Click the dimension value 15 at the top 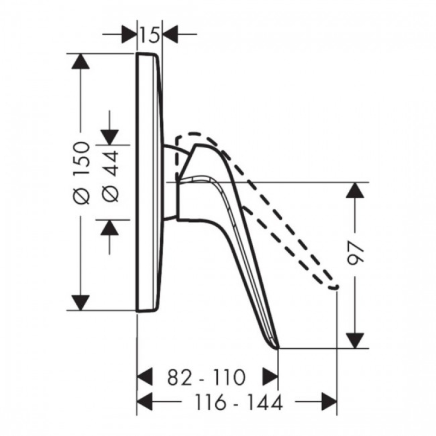(x=150, y=34)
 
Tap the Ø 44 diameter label (x=111, y=176)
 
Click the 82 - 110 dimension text (x=207, y=377)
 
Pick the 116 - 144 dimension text (x=238, y=402)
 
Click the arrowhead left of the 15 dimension (x=129, y=34)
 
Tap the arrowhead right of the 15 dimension (x=171, y=34)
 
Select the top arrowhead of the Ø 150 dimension (x=80, y=61)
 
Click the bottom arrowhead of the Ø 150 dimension (x=80, y=303)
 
